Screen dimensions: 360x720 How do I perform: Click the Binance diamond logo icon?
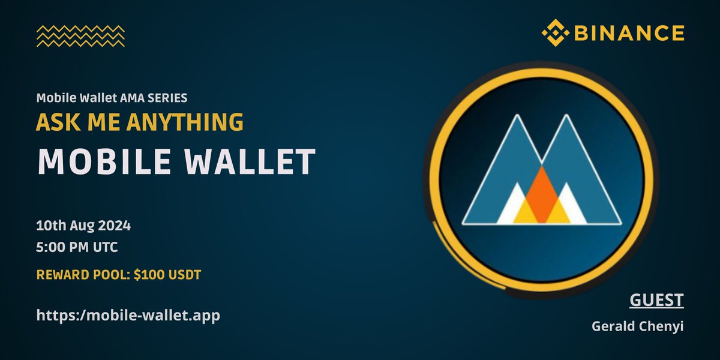point(556,33)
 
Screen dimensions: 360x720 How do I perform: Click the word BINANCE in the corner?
point(628,33)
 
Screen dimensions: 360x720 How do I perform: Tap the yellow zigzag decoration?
point(80,36)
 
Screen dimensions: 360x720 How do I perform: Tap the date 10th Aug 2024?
point(83,227)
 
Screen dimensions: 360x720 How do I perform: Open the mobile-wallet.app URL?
point(128,314)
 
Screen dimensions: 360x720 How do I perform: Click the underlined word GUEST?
point(656,300)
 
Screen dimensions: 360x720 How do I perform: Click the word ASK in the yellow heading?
point(52,122)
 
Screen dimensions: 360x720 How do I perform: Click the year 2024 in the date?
point(115,227)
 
